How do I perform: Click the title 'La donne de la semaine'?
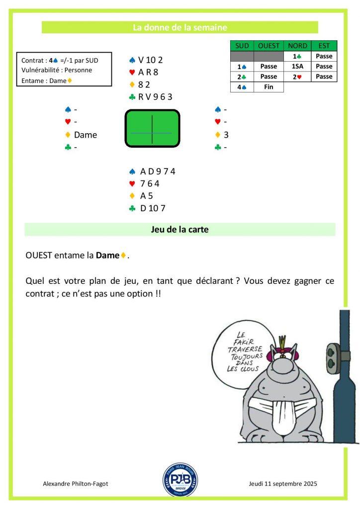tap(180, 28)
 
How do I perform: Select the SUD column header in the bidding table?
tap(242, 46)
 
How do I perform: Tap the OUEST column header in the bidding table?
tap(269, 46)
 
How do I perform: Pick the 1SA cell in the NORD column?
tap(298, 67)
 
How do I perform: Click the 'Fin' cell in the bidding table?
tap(269, 87)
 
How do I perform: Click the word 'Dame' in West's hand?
tap(86, 135)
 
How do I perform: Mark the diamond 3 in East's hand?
tap(226, 135)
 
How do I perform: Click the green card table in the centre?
tap(152, 129)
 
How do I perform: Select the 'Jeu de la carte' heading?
tap(180, 230)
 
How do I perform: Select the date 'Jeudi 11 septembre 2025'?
tap(282, 484)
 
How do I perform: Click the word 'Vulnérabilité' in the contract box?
tap(42, 70)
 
